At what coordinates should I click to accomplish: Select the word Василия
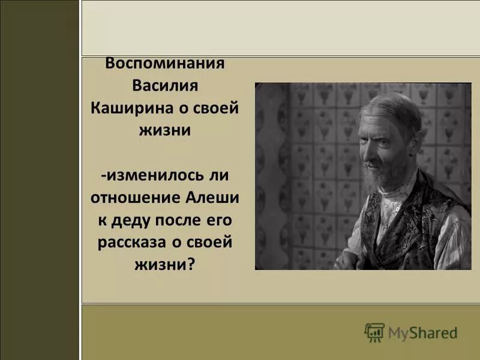click(x=165, y=86)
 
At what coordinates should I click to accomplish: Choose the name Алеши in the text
click(x=212, y=197)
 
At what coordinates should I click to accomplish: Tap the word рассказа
click(x=126, y=242)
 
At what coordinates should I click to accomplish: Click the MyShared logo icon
click(x=374, y=332)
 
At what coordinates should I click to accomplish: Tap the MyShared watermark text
click(x=422, y=332)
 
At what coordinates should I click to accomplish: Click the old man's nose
click(x=371, y=150)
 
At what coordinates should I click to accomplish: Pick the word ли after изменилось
click(x=220, y=175)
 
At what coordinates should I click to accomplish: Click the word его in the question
click(x=217, y=220)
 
